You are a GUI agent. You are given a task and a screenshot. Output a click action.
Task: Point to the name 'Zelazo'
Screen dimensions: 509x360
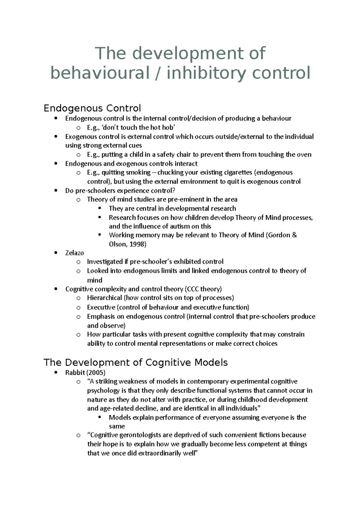[x=74, y=253]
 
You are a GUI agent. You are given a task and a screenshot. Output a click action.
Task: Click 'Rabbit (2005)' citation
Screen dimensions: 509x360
[x=85, y=372]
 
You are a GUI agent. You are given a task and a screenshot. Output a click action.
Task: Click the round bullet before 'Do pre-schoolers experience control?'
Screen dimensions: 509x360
[x=56, y=191]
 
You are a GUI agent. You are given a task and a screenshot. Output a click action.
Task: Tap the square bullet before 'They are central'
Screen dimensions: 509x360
[x=100, y=208]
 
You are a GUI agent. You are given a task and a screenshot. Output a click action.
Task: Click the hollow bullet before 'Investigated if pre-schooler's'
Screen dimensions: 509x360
[x=78, y=262]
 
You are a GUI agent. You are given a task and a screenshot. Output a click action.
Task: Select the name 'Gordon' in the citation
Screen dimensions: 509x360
[x=279, y=235]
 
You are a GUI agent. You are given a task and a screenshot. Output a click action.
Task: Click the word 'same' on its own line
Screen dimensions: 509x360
[x=117, y=426]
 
